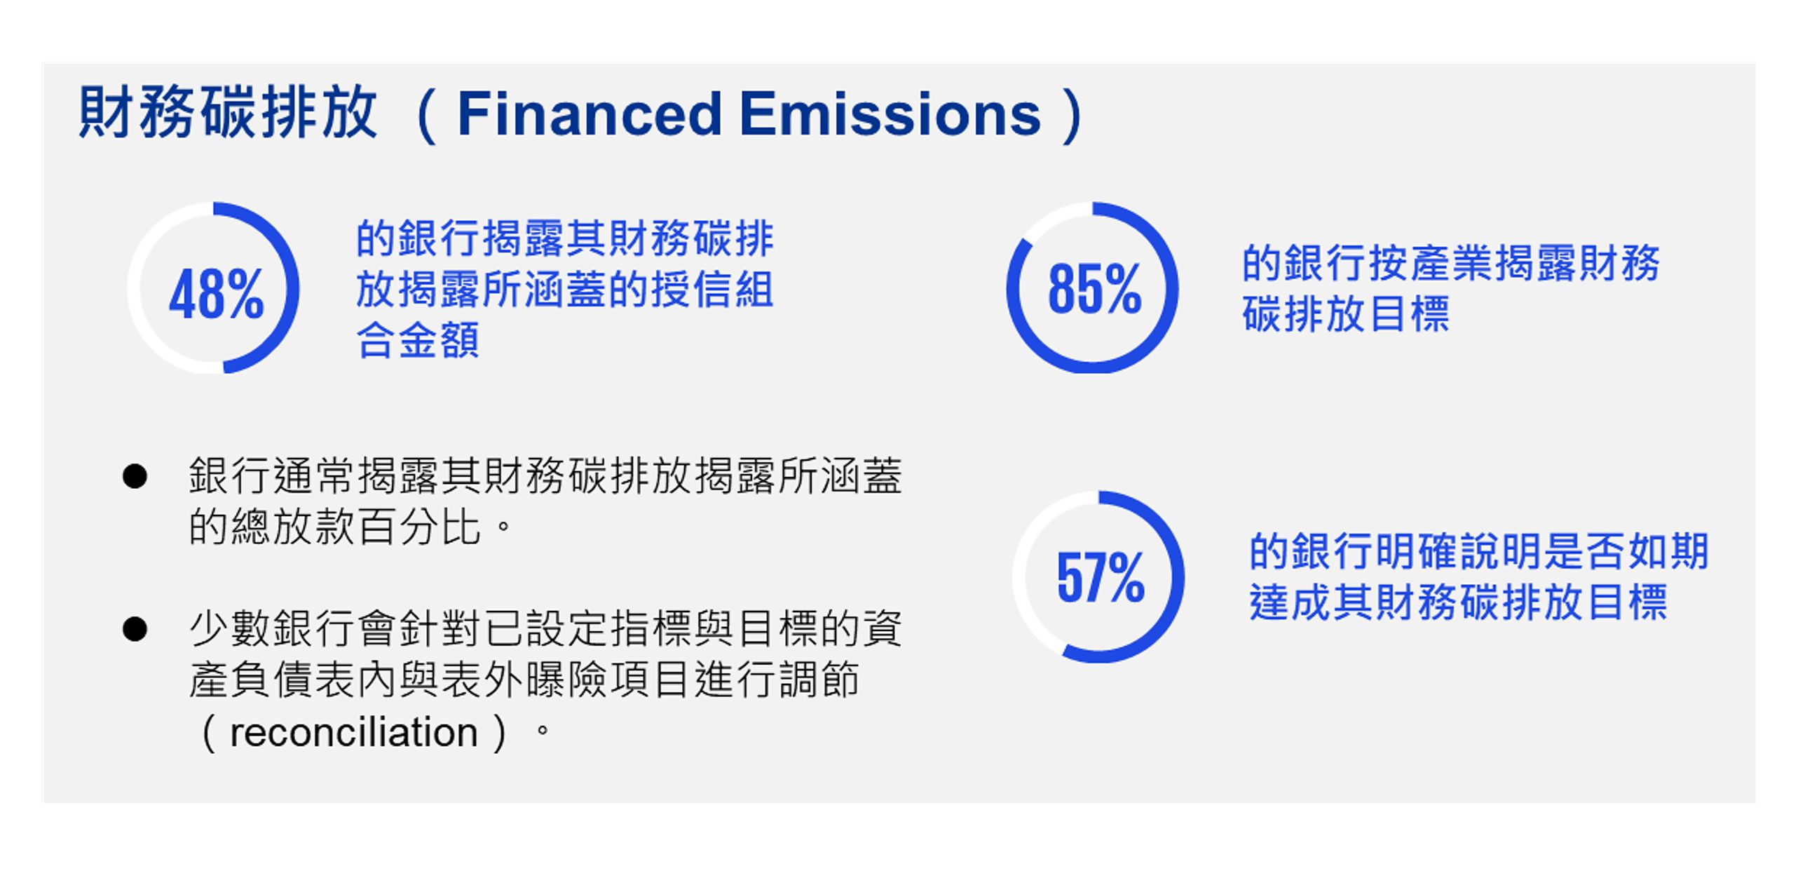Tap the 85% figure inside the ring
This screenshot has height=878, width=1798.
pos(1095,288)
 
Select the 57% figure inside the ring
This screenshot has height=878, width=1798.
pos(1101,577)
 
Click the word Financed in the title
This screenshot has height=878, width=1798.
pos(590,114)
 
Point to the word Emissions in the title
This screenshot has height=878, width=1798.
pos(890,114)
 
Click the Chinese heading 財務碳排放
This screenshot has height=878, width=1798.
pos(228,112)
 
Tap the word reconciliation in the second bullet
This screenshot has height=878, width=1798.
pos(353,732)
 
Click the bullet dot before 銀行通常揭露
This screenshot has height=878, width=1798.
pos(135,477)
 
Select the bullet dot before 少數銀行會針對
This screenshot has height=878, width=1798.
pos(135,628)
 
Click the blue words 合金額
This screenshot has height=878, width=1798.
pos(418,340)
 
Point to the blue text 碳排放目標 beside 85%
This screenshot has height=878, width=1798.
pos(1346,313)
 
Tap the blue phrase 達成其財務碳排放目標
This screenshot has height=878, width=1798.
pos(1458,602)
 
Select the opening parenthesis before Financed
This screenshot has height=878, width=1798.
pos(425,114)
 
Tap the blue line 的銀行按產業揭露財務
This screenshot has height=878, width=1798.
pos(1451,263)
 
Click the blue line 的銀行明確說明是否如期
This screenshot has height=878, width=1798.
pos(1479,551)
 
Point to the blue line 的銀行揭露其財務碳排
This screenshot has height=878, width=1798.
pos(565,238)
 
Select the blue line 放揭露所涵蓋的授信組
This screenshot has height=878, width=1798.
pos(565,289)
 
